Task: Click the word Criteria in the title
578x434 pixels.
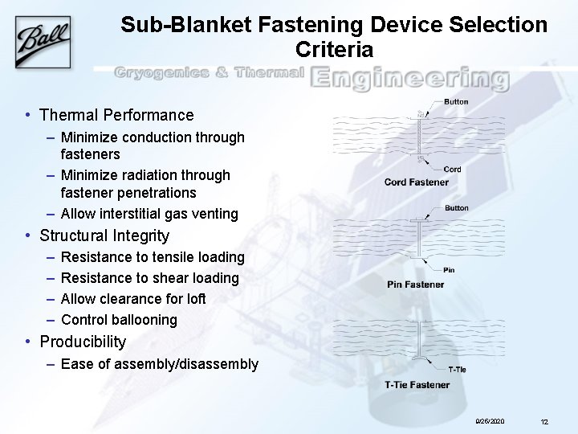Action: point(334,50)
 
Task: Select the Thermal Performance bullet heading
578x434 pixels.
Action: point(116,115)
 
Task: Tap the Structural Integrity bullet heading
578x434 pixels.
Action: point(104,235)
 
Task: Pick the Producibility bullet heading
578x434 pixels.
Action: point(83,342)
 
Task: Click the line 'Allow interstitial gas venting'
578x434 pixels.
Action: point(149,214)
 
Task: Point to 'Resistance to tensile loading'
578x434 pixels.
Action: point(153,257)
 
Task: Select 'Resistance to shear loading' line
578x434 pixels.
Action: point(149,278)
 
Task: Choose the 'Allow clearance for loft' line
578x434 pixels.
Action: point(133,299)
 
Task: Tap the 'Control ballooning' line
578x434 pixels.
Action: point(119,320)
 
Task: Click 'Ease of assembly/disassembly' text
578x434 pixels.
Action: point(159,365)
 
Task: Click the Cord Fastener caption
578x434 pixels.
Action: point(417,182)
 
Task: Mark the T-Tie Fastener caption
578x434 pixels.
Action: point(417,385)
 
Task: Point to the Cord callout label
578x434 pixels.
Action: point(452,170)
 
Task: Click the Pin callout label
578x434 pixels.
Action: point(449,271)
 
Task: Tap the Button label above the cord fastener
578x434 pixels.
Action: point(456,102)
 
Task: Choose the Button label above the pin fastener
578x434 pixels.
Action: point(456,208)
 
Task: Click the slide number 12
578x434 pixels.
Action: point(543,421)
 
